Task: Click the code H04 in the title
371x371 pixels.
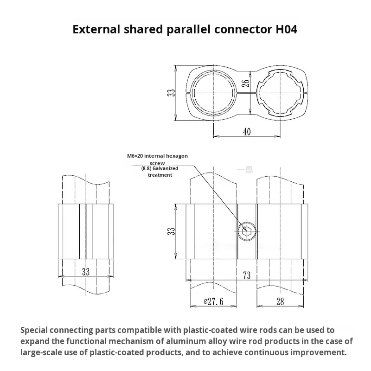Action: [x=283, y=29]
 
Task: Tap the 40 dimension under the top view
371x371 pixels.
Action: [x=247, y=132]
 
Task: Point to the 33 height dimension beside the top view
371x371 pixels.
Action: [x=172, y=92]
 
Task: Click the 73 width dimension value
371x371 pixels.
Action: [x=246, y=275]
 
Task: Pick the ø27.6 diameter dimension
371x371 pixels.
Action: [x=213, y=302]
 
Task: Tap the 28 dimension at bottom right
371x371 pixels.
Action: [x=280, y=302]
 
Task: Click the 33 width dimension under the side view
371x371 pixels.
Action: [x=86, y=272]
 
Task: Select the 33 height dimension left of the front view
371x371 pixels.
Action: [x=172, y=230]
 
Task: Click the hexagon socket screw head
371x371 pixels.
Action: [x=246, y=230]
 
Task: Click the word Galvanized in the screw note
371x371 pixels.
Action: [x=166, y=169]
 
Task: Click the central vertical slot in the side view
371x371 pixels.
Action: [x=86, y=230]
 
